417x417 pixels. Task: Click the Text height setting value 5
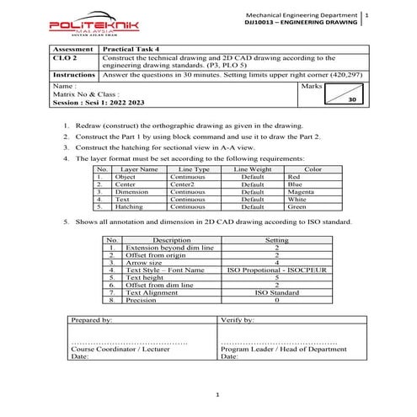point(276,277)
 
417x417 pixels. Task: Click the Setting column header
point(276,241)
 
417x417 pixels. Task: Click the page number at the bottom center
point(217,394)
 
